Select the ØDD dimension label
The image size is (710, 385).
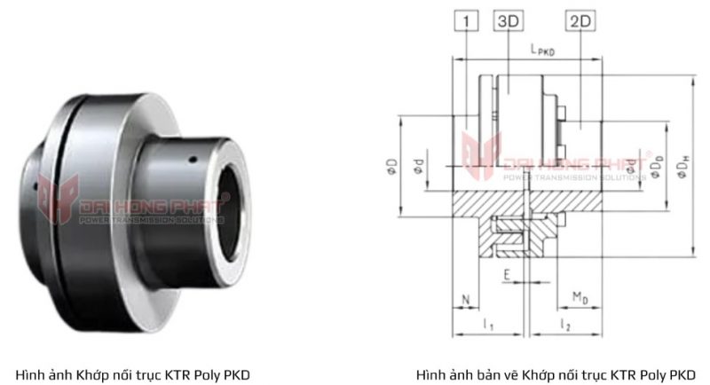(656, 166)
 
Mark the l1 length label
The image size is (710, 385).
(488, 326)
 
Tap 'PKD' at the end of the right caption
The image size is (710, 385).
(682, 374)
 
